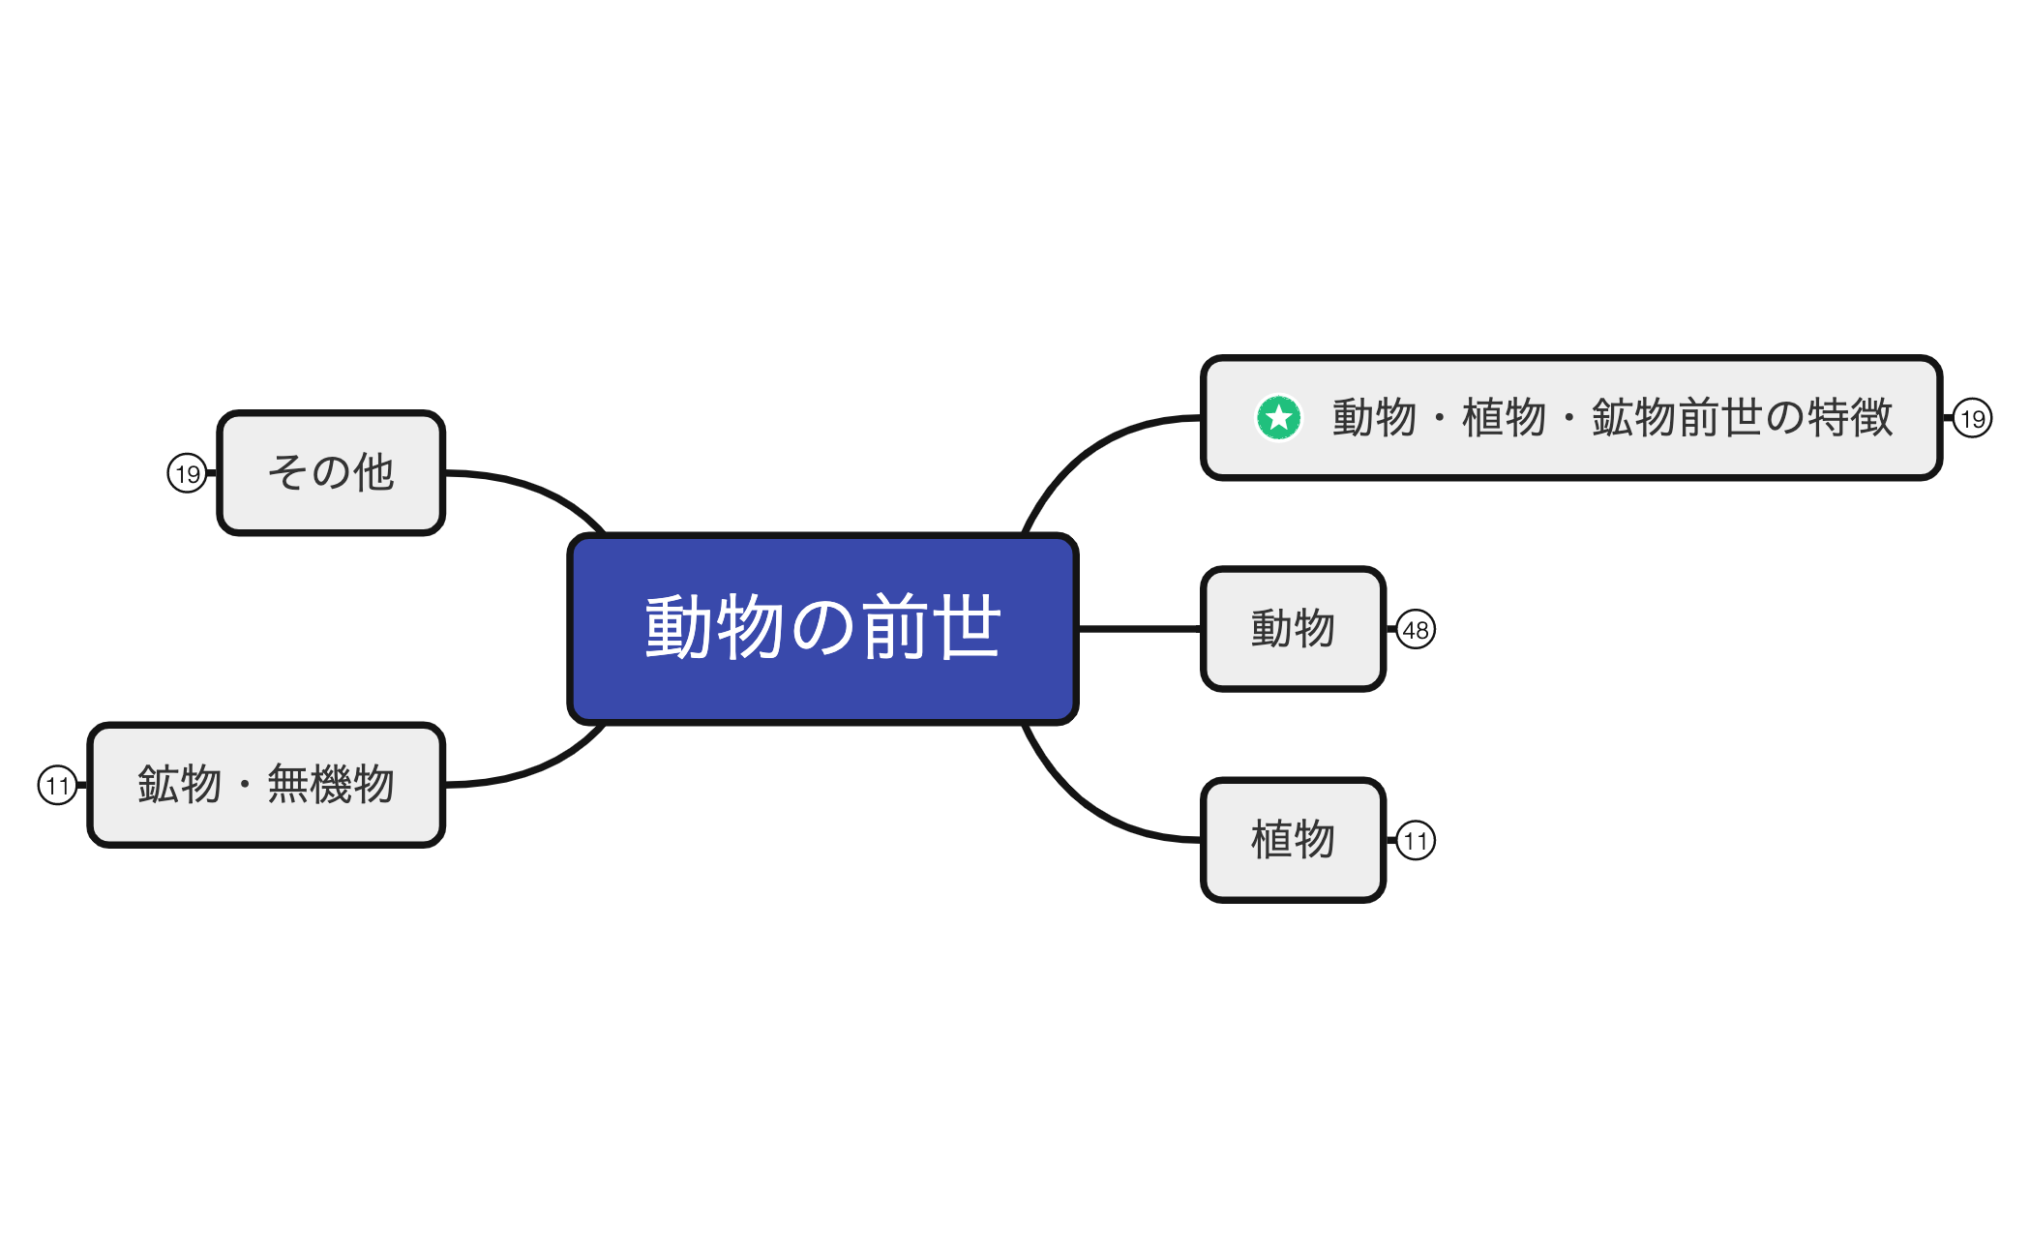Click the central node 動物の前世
click(822, 629)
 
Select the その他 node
click(331, 473)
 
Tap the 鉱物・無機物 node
click(266, 785)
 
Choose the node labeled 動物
click(1293, 629)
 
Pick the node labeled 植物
click(1293, 840)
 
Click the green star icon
click(1278, 418)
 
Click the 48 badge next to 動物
click(1416, 630)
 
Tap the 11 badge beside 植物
click(1416, 841)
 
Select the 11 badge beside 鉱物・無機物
click(57, 785)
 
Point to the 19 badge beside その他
click(187, 474)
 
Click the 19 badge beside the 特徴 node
click(1972, 419)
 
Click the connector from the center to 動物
click(1140, 629)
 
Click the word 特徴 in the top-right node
click(1850, 418)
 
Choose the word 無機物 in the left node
click(331, 785)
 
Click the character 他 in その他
click(373, 473)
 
